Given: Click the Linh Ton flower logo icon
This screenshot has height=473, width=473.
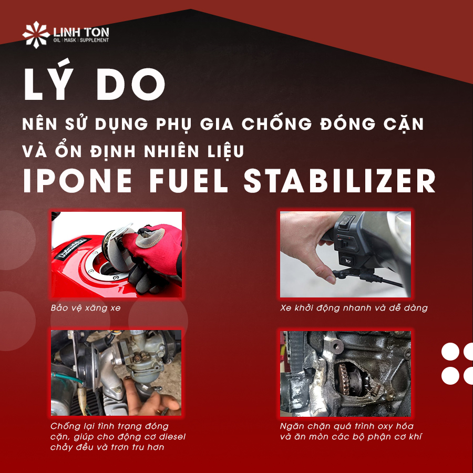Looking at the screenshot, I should pyautogui.click(x=36, y=35).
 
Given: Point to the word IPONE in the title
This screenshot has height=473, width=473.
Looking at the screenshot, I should pyautogui.click(x=78, y=181).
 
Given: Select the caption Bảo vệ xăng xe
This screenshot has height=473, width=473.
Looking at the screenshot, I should pyautogui.click(x=86, y=307).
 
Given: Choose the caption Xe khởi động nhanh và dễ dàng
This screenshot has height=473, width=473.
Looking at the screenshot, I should pyautogui.click(x=354, y=307).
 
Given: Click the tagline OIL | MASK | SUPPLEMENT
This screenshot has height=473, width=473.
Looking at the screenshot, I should pyautogui.click(x=81, y=40).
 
